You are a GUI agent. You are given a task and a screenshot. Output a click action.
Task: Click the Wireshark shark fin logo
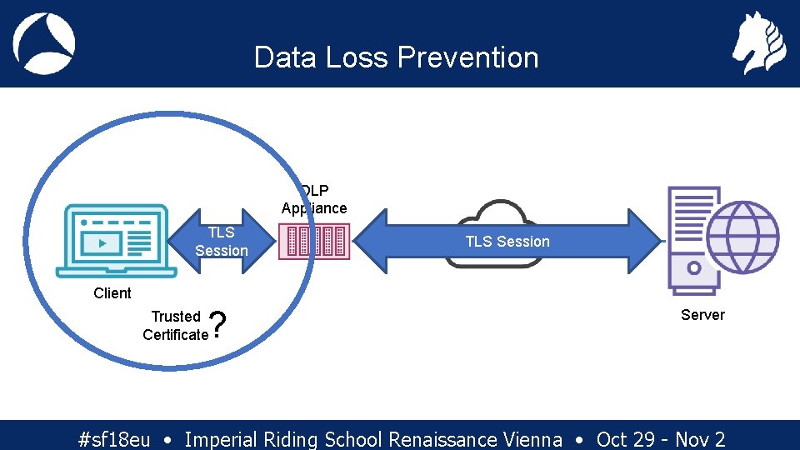coord(44,43)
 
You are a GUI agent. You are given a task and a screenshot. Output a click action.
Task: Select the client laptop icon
coord(116,241)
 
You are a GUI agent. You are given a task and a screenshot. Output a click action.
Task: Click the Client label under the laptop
coord(112,293)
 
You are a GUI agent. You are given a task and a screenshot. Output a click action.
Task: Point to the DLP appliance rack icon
coord(314,242)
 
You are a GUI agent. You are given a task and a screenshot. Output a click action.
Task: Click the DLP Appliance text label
coord(314,200)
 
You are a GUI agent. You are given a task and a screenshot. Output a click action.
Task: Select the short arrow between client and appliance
coord(220,241)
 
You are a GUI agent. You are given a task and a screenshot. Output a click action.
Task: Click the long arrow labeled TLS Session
coord(507,242)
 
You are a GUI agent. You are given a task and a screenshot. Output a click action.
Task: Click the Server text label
coord(702,315)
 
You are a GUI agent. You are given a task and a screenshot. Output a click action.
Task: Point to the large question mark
coord(218,325)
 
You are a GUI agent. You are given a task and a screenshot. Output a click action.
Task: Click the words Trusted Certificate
coord(175,326)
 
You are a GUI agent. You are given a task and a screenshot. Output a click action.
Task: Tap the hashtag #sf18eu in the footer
coord(113,439)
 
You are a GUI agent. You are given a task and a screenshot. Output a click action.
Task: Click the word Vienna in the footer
coord(532,439)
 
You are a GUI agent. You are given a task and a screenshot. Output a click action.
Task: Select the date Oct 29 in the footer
coord(625,439)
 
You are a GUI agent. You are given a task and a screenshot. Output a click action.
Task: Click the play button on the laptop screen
coord(102,243)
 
